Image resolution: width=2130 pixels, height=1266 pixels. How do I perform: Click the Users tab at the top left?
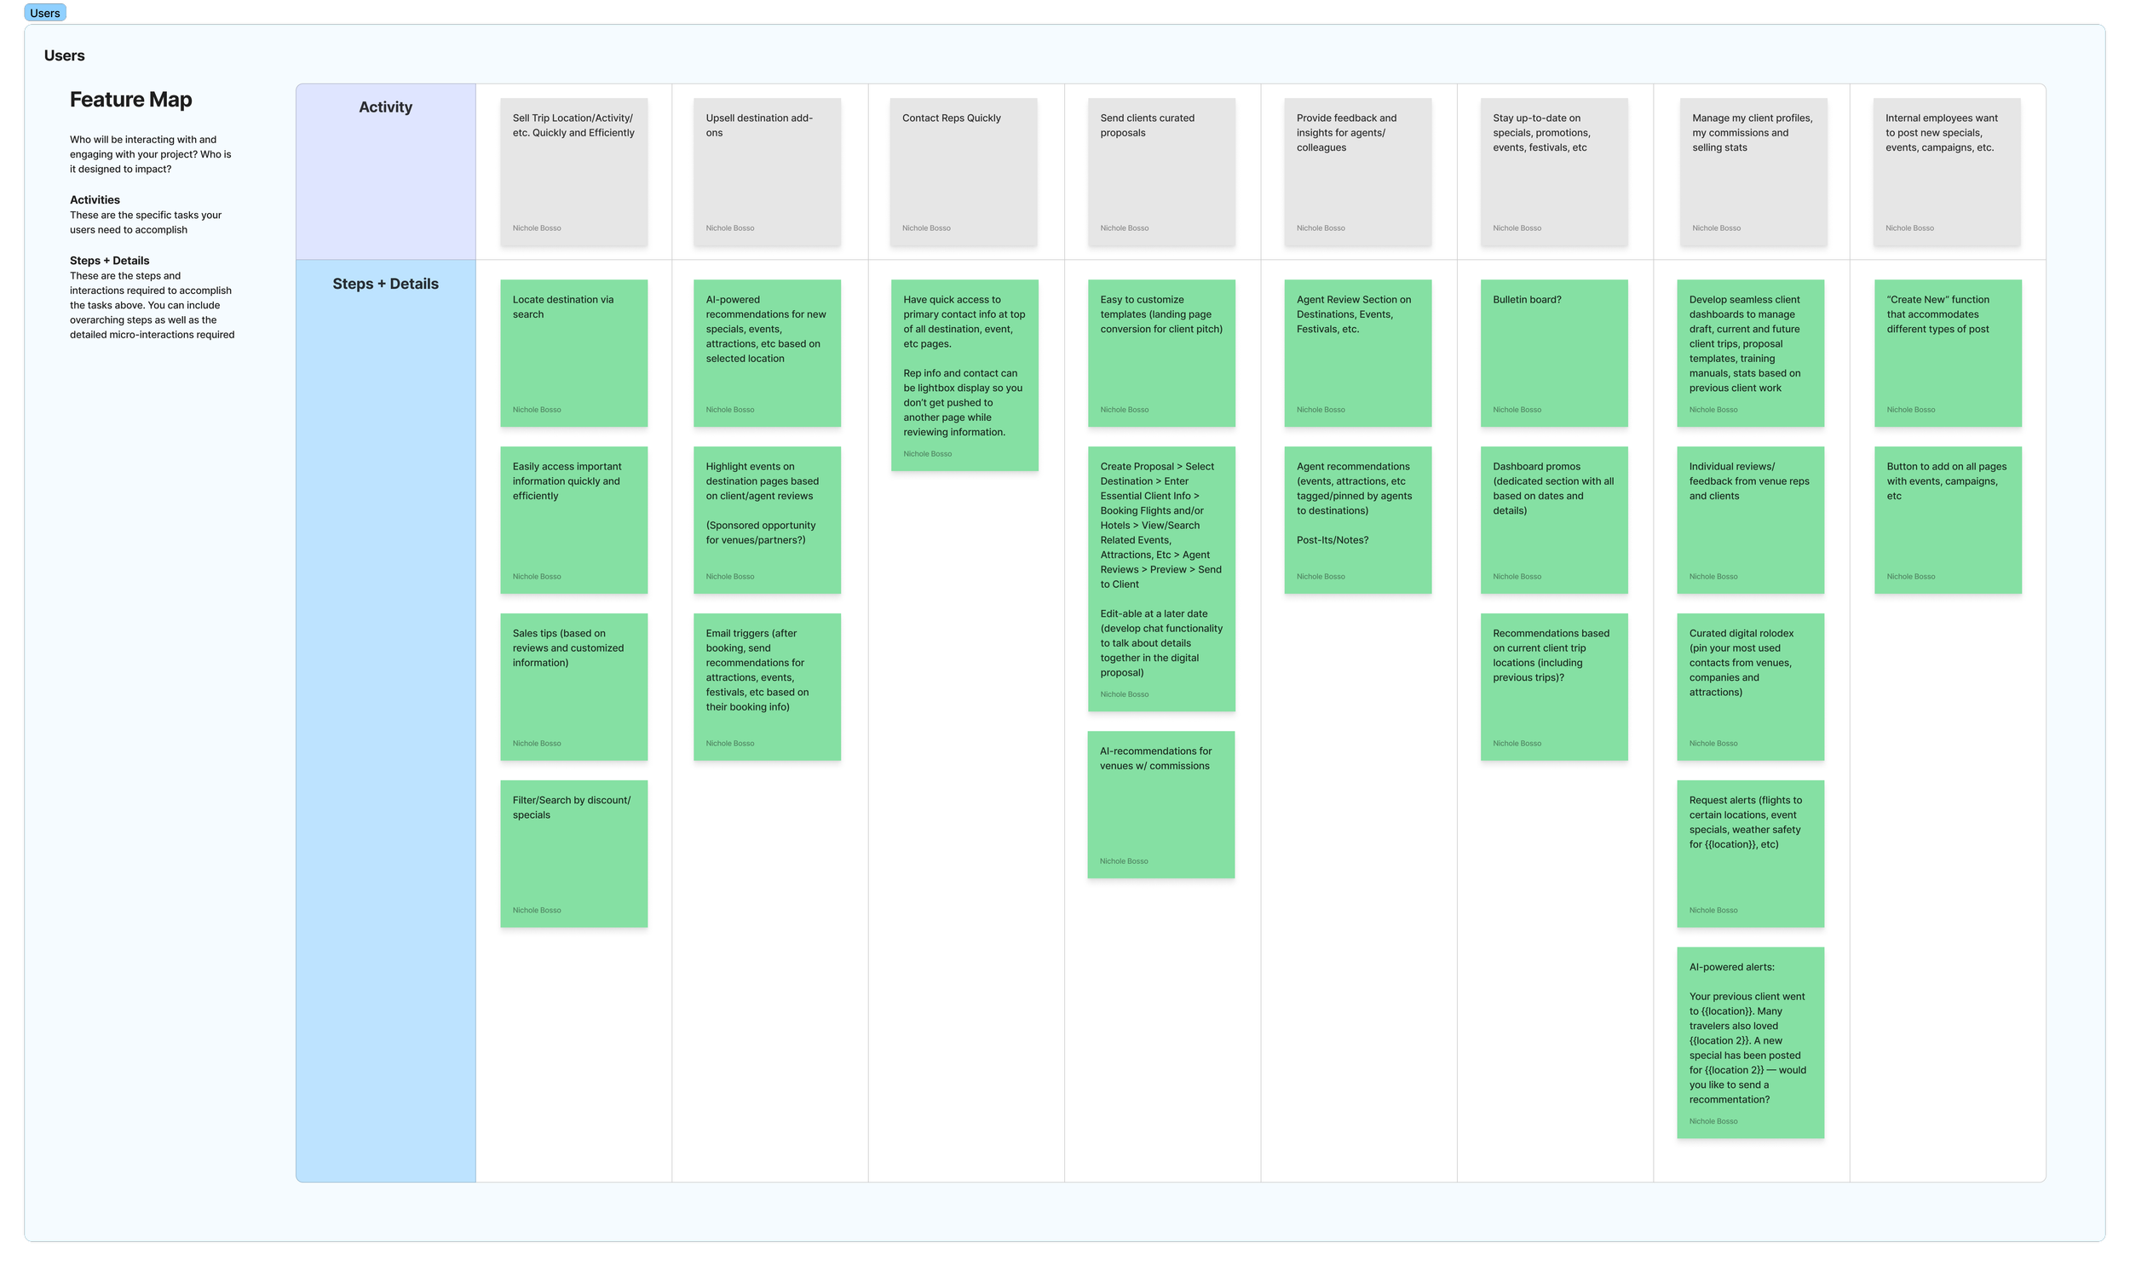pyautogui.click(x=44, y=13)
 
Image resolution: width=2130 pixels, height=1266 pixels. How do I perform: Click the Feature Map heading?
pyautogui.click(x=130, y=100)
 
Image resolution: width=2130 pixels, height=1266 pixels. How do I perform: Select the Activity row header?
pyautogui.click(x=385, y=107)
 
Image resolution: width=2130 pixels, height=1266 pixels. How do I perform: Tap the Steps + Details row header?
pyautogui.click(x=385, y=284)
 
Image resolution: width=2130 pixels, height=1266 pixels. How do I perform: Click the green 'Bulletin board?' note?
pyautogui.click(x=1553, y=354)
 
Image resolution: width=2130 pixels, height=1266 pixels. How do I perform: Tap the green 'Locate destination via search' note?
pyautogui.click(x=573, y=354)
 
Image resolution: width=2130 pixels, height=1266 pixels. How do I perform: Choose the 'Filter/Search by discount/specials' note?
pyautogui.click(x=573, y=853)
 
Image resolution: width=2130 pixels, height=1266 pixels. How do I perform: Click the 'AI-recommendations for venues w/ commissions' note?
pyautogui.click(x=1160, y=804)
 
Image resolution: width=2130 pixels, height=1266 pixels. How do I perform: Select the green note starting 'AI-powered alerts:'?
pyautogui.click(x=1749, y=1043)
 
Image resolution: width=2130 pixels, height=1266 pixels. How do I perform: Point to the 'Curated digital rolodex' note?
pyautogui.click(x=1749, y=687)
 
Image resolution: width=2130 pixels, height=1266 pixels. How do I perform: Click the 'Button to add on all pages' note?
pyautogui.click(x=1947, y=520)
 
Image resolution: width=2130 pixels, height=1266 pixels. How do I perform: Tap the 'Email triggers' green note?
pyautogui.click(x=766, y=687)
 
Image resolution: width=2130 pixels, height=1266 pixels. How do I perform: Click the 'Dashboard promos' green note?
pyautogui.click(x=1553, y=520)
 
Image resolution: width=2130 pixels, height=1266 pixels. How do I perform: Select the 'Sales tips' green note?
pyautogui.click(x=573, y=687)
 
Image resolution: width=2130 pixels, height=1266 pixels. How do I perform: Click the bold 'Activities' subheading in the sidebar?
pyautogui.click(x=95, y=199)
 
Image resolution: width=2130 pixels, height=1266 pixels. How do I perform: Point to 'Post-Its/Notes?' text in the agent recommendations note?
pyautogui.click(x=1332, y=540)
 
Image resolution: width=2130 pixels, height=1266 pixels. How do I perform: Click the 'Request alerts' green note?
pyautogui.click(x=1749, y=853)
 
